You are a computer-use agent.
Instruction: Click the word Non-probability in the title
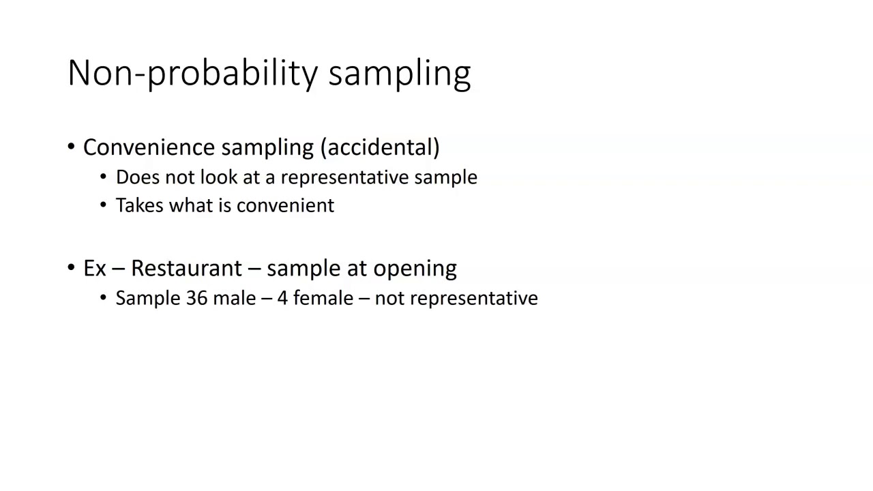[x=193, y=73]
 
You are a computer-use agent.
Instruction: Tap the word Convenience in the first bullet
[x=149, y=147]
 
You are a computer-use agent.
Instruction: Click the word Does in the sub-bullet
[x=137, y=177]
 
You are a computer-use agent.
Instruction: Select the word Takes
[x=139, y=205]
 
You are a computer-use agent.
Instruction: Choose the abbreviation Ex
[x=94, y=268]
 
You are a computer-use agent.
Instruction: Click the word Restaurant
[x=186, y=268]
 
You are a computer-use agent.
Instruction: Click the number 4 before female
[x=282, y=298]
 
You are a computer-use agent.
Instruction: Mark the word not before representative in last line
[x=389, y=298]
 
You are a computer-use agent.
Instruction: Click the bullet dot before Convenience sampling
[x=72, y=147]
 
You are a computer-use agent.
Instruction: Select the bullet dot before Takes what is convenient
[x=104, y=206]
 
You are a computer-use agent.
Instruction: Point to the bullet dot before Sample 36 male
[x=104, y=299]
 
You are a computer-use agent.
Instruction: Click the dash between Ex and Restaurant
[x=118, y=269]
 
